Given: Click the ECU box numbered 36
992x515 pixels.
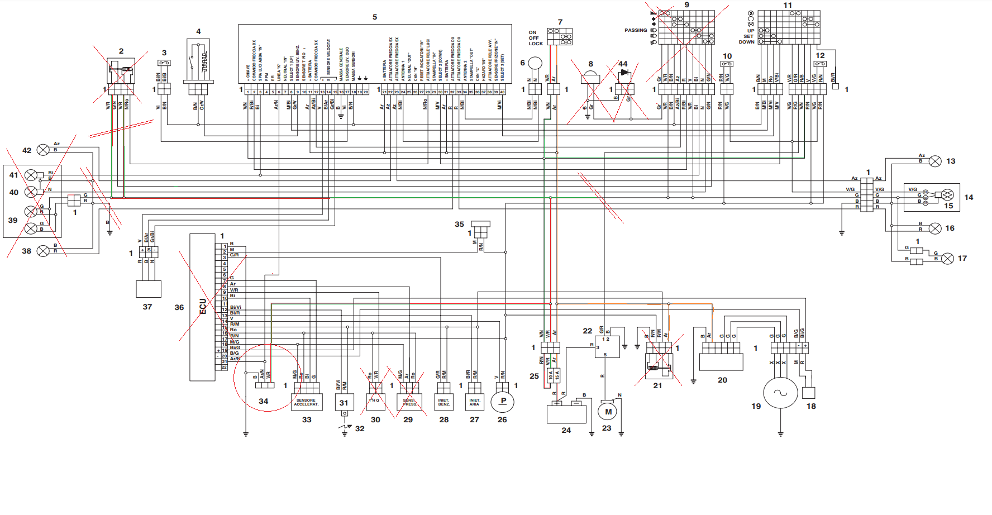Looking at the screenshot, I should tap(202, 307).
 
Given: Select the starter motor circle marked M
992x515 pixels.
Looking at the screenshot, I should tap(608, 412).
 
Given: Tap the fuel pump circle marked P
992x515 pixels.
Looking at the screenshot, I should tap(502, 401).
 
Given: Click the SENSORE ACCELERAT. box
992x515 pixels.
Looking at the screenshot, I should tap(306, 402).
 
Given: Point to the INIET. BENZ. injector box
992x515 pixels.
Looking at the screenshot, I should tap(443, 402).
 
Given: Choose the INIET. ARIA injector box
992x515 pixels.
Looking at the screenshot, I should tap(474, 402).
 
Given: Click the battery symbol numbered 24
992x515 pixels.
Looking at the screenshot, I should tap(566, 414).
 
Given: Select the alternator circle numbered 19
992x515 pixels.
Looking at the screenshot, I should tap(780, 393).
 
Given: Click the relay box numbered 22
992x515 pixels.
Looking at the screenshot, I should tap(607, 347).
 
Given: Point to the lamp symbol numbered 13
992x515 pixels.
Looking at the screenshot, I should tap(935, 161).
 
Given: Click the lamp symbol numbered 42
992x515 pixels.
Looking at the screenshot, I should tap(43, 150).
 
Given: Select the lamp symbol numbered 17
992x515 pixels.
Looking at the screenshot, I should tap(947, 259).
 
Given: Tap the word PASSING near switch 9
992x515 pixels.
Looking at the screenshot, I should tap(636, 30).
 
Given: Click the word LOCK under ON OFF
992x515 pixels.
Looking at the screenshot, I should tap(536, 44).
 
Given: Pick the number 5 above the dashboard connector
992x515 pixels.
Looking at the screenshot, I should tap(375, 17).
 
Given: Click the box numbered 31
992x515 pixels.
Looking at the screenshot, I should tap(344, 402).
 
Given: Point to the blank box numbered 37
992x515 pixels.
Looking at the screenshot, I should tap(149, 289).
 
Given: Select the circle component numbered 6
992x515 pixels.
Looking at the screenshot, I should tap(535, 63).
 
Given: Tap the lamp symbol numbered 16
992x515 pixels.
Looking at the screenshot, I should tap(935, 228).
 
